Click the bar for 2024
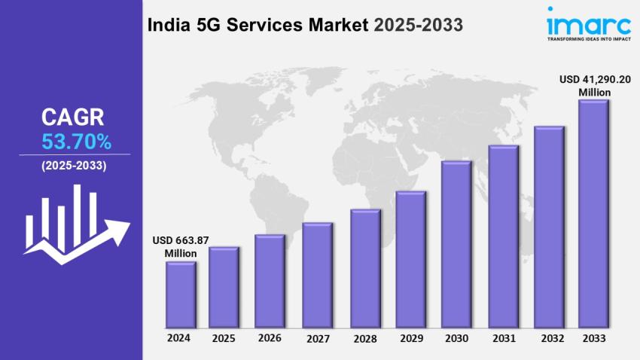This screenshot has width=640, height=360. pos(181,295)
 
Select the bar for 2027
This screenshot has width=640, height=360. pos(317,276)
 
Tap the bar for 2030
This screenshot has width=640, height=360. pos(456,245)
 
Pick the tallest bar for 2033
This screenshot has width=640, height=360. pos(593,215)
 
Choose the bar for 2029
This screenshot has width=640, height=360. pos(411,260)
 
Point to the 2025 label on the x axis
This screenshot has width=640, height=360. pos(224,338)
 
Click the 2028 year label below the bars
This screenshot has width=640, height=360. pos(364,339)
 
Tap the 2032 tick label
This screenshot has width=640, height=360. pos(549,339)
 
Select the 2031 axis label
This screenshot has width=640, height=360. pos(502,339)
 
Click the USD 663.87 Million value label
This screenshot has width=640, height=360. pos(181,246)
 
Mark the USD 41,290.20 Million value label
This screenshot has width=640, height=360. pos(594,85)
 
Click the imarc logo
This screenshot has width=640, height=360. pos(579,20)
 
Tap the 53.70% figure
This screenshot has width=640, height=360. pos(71,141)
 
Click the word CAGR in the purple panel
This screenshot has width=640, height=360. pos(72,117)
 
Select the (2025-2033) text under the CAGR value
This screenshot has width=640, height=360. pos(74,166)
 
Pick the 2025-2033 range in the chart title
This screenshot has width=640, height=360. pos(417,24)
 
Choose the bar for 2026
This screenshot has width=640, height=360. pos(270,282)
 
